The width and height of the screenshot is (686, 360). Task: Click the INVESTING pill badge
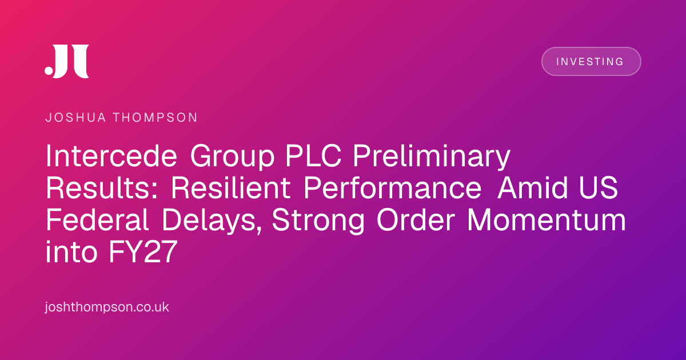pyautogui.click(x=591, y=61)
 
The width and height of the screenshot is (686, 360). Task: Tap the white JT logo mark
pyautogui.click(x=67, y=61)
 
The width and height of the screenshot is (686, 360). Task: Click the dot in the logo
pyautogui.click(x=49, y=70)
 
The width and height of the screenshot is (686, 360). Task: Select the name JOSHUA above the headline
pyautogui.click(x=75, y=118)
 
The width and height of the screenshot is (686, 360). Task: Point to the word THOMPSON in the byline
pyautogui.click(x=155, y=118)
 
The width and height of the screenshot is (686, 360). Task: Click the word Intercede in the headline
pyautogui.click(x=111, y=156)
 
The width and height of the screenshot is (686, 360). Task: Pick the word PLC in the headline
pyautogui.click(x=313, y=156)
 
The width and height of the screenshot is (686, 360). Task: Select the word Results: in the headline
pyautogui.click(x=102, y=187)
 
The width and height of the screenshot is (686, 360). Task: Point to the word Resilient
pyautogui.click(x=230, y=187)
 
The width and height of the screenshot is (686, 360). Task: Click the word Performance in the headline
pyautogui.click(x=392, y=187)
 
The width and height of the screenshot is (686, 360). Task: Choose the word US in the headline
pyautogui.click(x=599, y=187)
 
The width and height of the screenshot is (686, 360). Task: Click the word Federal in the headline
pyautogui.click(x=97, y=220)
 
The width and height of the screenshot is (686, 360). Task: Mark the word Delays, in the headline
pyautogui.click(x=212, y=221)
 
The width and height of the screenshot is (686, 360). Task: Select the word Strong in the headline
pyautogui.click(x=318, y=221)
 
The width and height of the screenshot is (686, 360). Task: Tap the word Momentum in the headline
pyautogui.click(x=547, y=220)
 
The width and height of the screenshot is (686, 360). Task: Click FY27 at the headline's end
pyautogui.click(x=143, y=252)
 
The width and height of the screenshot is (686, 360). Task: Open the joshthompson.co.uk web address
pyautogui.click(x=107, y=307)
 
